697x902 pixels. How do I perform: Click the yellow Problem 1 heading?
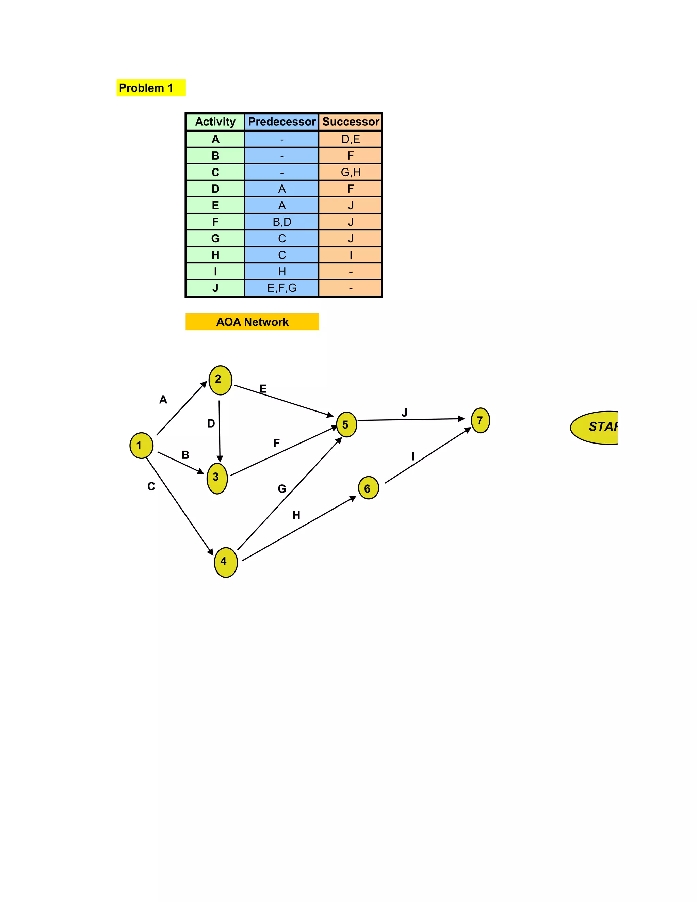tap(150, 87)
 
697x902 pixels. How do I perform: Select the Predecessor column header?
tap(281, 122)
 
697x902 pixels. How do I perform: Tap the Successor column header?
tap(350, 122)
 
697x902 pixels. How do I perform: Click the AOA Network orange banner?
tap(252, 322)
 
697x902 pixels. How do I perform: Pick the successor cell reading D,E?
tap(350, 139)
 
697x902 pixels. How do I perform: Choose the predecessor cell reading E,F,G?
tap(281, 288)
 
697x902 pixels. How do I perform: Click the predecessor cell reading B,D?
tap(281, 222)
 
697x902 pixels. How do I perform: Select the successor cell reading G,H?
tap(350, 172)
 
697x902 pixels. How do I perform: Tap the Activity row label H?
tap(215, 255)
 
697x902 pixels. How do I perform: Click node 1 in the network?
tap(141, 445)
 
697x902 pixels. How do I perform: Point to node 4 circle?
tap(225, 562)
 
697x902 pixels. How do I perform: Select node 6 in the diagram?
tap(368, 488)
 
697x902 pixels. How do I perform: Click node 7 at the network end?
tap(480, 420)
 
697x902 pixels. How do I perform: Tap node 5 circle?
tap(346, 424)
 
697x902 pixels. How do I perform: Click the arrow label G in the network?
tap(281, 488)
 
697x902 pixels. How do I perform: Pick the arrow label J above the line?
tap(404, 413)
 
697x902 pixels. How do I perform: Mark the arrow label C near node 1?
tap(151, 486)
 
